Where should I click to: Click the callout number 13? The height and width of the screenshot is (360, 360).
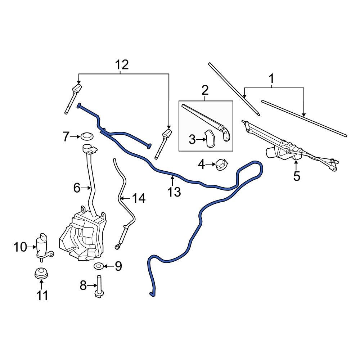pyautogui.click(x=174, y=192)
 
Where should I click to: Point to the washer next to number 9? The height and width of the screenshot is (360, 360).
pyautogui.click(x=99, y=266)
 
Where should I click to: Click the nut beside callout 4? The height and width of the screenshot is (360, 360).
pyautogui.click(x=220, y=165)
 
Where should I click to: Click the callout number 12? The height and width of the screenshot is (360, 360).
pyautogui.click(x=122, y=65)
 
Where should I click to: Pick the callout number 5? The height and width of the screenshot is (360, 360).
pyautogui.click(x=296, y=176)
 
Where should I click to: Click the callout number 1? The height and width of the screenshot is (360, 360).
pyautogui.click(x=271, y=78)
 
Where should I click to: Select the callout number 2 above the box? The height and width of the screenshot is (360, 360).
pyautogui.click(x=205, y=90)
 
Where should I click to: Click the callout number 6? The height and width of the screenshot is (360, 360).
pyautogui.click(x=76, y=188)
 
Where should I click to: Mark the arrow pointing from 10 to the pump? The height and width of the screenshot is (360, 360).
pyautogui.click(x=31, y=247)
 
